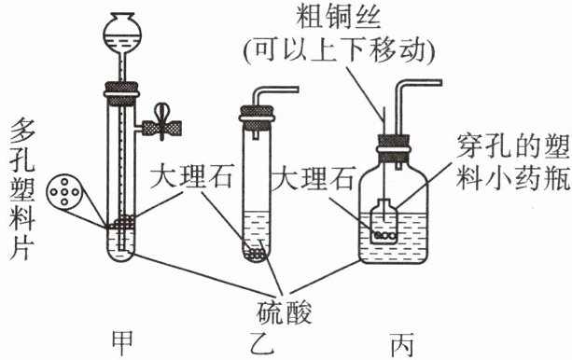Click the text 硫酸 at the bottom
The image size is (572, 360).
pyautogui.click(x=285, y=313)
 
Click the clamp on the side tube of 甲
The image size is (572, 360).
pyautogui.click(x=161, y=127)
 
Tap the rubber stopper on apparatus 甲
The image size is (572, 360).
pyautogui.click(x=121, y=93)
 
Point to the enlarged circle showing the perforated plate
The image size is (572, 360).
pyautogui.click(x=64, y=192)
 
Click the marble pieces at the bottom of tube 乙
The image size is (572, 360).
pyautogui.click(x=256, y=255)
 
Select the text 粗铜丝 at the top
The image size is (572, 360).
pyautogui.click(x=339, y=18)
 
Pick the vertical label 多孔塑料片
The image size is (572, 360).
pyautogui.click(x=22, y=188)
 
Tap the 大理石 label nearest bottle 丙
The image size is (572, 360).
pyautogui.click(x=313, y=178)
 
